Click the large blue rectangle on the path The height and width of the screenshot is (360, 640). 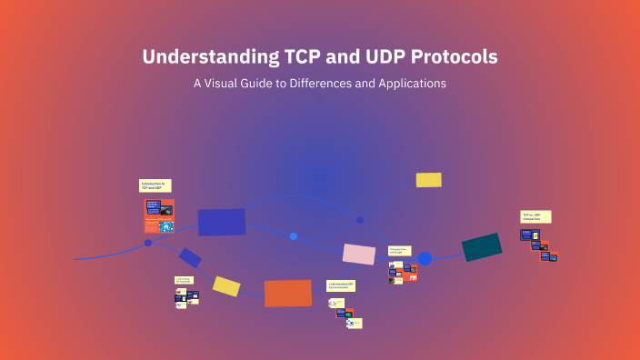(x=222, y=222)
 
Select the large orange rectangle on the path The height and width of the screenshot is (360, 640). (x=288, y=293)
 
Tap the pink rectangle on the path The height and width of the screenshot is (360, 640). (x=358, y=254)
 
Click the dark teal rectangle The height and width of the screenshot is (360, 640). (x=482, y=247)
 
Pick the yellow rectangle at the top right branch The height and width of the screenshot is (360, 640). (x=428, y=180)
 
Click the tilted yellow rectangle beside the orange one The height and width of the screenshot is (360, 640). (x=226, y=286)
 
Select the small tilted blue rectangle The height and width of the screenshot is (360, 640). (x=190, y=257)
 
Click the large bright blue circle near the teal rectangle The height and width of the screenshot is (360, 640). (x=425, y=258)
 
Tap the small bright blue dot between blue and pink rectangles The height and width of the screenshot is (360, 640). (x=294, y=236)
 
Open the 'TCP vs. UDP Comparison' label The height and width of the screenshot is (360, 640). (x=535, y=216)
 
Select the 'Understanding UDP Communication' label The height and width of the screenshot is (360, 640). (x=341, y=285)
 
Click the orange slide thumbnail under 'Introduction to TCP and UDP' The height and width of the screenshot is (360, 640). (x=159, y=216)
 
